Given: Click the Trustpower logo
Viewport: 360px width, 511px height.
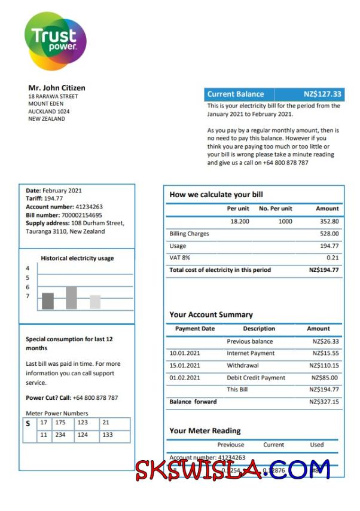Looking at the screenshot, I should (x=55, y=41).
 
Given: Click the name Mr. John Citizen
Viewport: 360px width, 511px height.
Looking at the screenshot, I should (x=57, y=88).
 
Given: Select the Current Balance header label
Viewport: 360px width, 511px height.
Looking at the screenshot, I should (x=235, y=94).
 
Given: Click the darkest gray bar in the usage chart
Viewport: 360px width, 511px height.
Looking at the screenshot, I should (x=48, y=301).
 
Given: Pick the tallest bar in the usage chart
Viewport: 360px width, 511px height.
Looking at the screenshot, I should (x=71, y=297).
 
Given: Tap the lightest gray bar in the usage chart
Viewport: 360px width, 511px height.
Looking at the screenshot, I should (x=95, y=302).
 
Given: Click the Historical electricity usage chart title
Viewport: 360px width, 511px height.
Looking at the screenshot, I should (x=77, y=258).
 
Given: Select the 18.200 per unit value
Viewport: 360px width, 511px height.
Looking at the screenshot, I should (x=240, y=221).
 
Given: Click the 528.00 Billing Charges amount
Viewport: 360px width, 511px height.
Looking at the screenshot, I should (x=329, y=234).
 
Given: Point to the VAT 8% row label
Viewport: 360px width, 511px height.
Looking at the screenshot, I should (x=179, y=258).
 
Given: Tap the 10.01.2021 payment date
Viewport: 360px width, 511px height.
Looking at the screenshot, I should (x=185, y=353).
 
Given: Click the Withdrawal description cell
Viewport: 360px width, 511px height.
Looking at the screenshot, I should (x=242, y=365).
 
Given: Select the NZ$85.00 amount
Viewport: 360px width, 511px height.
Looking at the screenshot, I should (x=325, y=378).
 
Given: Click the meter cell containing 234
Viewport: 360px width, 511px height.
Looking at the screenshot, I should (x=60, y=435).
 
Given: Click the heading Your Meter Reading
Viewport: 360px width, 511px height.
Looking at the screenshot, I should (x=205, y=430).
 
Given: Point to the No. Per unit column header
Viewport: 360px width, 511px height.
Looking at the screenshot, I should (x=275, y=209).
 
